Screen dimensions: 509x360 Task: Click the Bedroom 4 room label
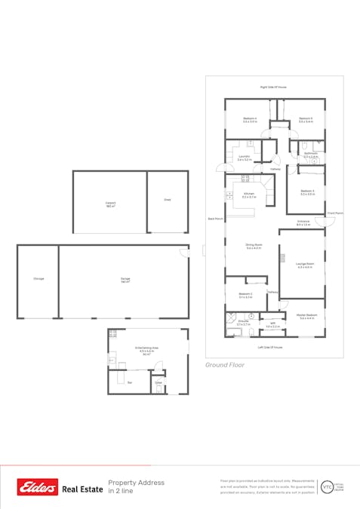click(250, 118)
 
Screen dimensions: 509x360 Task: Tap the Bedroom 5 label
click(305, 118)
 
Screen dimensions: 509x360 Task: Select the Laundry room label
click(244, 157)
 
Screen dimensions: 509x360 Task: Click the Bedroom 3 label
click(307, 191)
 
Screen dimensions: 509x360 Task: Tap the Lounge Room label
click(305, 263)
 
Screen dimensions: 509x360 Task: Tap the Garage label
click(125, 279)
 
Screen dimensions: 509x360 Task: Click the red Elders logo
click(38, 488)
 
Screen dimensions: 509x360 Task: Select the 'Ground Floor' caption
click(225, 364)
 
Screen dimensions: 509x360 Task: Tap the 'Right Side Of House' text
click(273, 87)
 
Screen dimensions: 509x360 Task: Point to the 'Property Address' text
click(136, 483)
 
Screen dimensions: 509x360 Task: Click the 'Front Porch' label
click(335, 213)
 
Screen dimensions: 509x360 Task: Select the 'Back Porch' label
click(215, 219)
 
